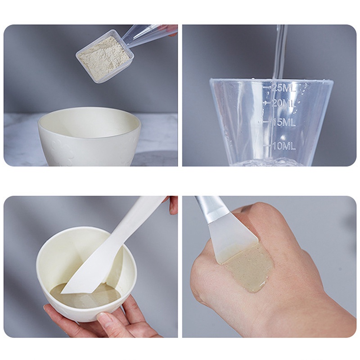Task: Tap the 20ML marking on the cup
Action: click(283, 103)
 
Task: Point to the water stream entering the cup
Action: click(280, 49)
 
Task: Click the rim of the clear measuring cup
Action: click(270, 81)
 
